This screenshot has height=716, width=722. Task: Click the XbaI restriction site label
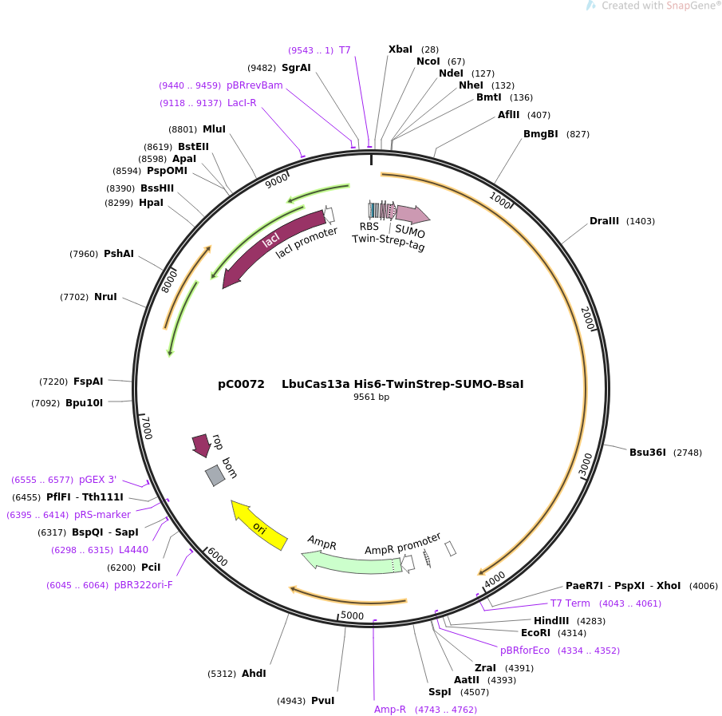(x=400, y=49)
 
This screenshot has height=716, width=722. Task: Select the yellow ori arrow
(x=258, y=524)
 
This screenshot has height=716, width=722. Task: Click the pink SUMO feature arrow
(x=412, y=214)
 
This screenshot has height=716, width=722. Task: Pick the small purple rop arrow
(x=202, y=445)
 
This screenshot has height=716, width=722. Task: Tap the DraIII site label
(x=604, y=221)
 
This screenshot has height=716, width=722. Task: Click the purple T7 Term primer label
(x=570, y=603)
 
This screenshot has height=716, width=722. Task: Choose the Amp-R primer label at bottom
(x=390, y=709)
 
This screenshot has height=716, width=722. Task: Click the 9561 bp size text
(x=371, y=397)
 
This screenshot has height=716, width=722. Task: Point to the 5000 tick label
(x=352, y=615)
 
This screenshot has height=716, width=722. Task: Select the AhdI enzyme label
(x=254, y=674)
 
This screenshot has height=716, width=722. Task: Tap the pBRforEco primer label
(x=525, y=651)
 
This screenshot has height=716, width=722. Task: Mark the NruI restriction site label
(x=105, y=297)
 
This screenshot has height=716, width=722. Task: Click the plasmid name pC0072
(x=241, y=384)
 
